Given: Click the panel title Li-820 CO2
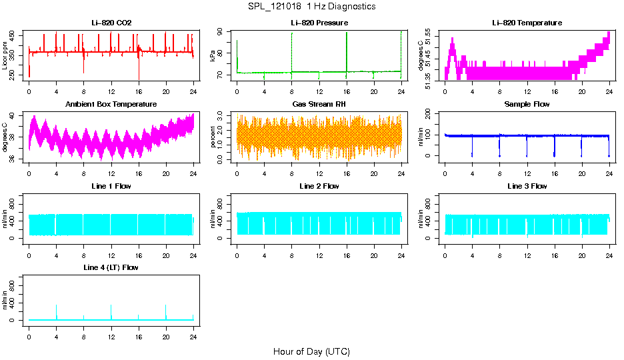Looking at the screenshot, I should [x=111, y=23].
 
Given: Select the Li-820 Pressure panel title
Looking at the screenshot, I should [x=319, y=23].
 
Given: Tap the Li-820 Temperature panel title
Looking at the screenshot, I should [x=527, y=23].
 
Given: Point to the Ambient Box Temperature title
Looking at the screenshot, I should [x=111, y=105].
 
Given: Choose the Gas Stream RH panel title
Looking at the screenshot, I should [x=319, y=105].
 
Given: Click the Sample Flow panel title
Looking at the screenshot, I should [x=527, y=105].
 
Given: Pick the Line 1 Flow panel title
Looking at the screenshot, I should [x=111, y=186].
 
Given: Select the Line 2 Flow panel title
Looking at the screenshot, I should [x=319, y=186].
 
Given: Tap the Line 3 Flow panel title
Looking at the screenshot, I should [x=527, y=186].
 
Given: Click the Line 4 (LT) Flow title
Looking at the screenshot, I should [x=111, y=267].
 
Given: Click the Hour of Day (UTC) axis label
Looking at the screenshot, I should [x=311, y=351].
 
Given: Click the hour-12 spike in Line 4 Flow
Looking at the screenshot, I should [x=111, y=307].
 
